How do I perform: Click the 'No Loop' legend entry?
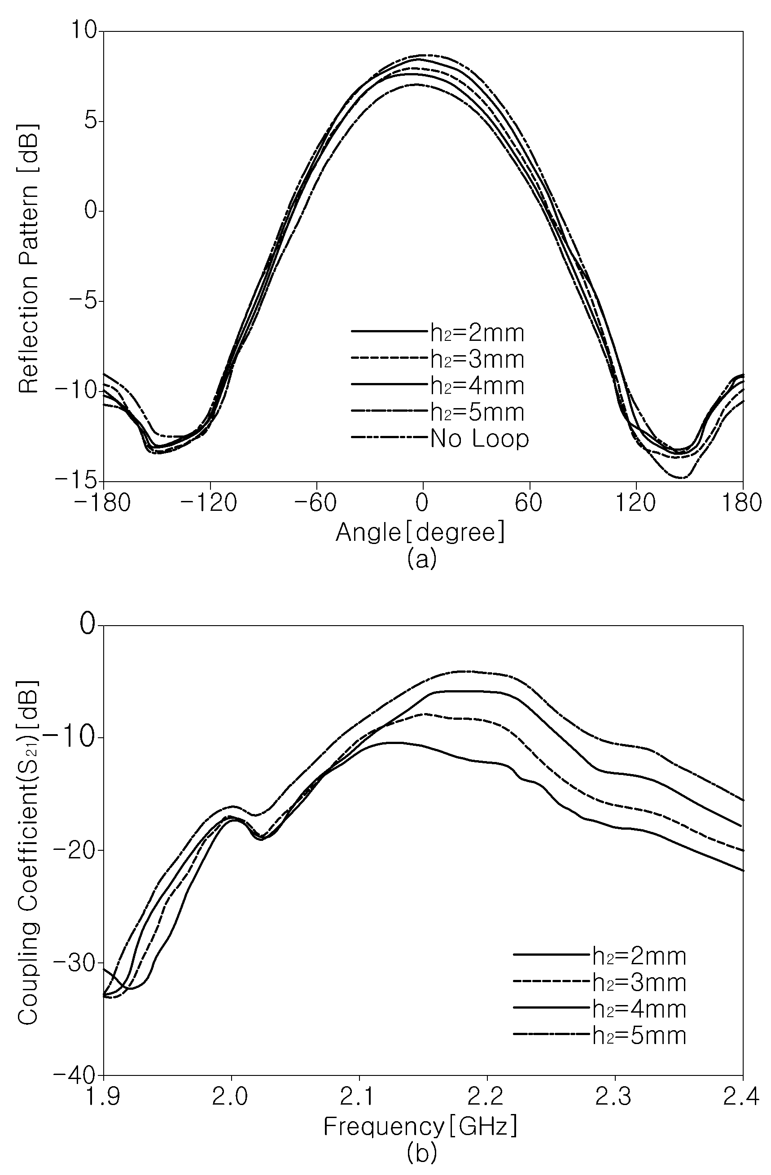(x=479, y=439)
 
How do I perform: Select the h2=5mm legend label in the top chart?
(x=477, y=412)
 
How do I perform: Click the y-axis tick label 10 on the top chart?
(x=84, y=30)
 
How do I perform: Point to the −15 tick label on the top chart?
(x=77, y=480)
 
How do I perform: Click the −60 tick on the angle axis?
(x=315, y=503)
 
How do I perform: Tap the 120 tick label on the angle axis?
(x=636, y=503)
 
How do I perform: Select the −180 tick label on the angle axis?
(x=103, y=503)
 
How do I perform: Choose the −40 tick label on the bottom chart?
(x=77, y=1074)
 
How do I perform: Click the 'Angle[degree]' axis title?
(x=421, y=533)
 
